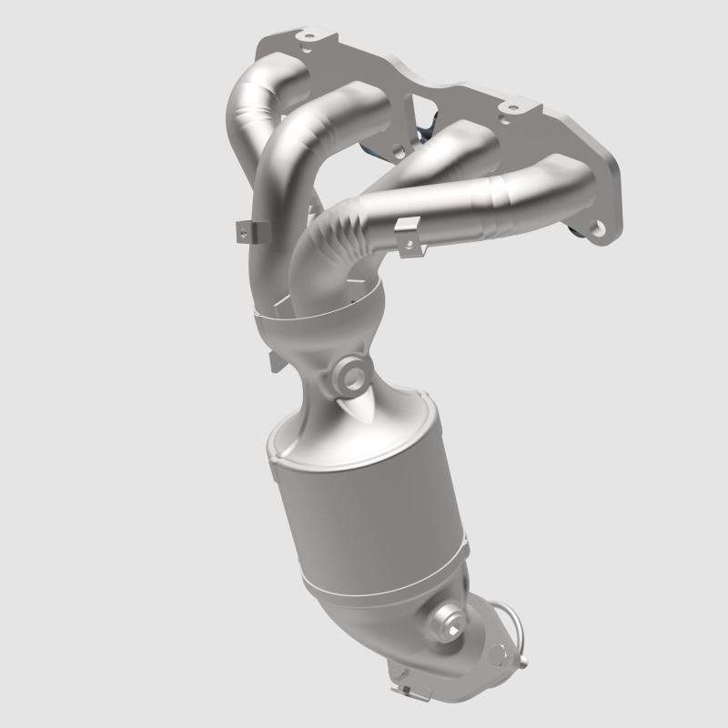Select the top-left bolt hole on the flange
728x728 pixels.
(304, 38)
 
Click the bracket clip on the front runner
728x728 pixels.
(408, 236)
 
